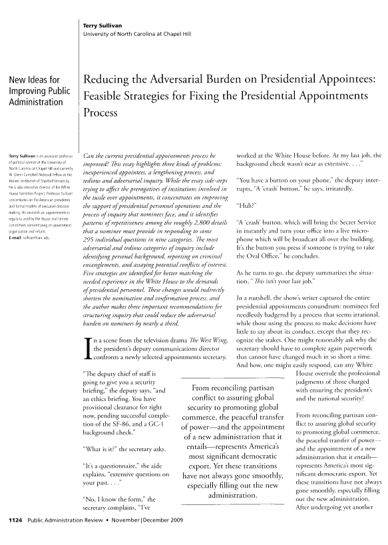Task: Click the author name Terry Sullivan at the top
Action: (x=102, y=25)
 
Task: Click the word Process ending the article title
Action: (x=98, y=113)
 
